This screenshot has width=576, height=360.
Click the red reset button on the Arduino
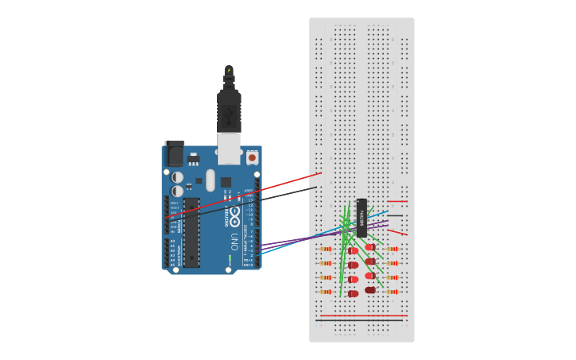click(252, 158)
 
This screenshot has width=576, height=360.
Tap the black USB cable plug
click(229, 111)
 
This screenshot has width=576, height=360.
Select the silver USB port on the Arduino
click(229, 148)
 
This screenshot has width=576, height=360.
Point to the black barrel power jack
click(174, 154)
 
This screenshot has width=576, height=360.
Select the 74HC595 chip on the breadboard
click(361, 217)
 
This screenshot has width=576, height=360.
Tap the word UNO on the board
click(234, 241)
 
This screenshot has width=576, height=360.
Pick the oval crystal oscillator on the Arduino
click(211, 180)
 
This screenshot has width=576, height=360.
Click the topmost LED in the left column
click(353, 251)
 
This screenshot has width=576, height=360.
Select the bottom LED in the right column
click(370, 290)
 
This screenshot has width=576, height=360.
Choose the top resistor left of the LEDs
click(326, 249)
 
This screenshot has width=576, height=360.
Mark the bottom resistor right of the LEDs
click(392, 292)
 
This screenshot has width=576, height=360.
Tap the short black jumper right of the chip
click(395, 215)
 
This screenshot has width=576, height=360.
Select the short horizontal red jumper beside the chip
click(398, 201)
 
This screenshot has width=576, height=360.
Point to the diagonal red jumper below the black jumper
click(398, 231)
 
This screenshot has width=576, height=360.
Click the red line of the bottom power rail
click(361, 315)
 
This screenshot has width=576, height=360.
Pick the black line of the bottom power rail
click(361, 320)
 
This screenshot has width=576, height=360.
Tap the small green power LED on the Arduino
click(230, 258)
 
